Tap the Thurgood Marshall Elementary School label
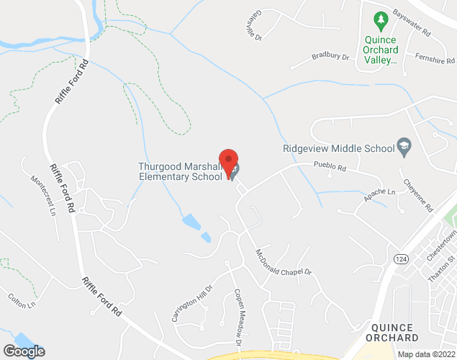(x=180, y=171)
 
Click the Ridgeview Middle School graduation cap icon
(x=404, y=147)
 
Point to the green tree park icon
(x=376, y=19)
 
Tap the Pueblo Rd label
(x=330, y=167)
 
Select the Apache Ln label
(x=380, y=194)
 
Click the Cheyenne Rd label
(x=418, y=194)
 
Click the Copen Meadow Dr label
(x=238, y=314)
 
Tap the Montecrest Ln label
(x=42, y=194)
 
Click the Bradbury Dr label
(x=330, y=56)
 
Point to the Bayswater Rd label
(x=412, y=24)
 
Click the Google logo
(x=23, y=351)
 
